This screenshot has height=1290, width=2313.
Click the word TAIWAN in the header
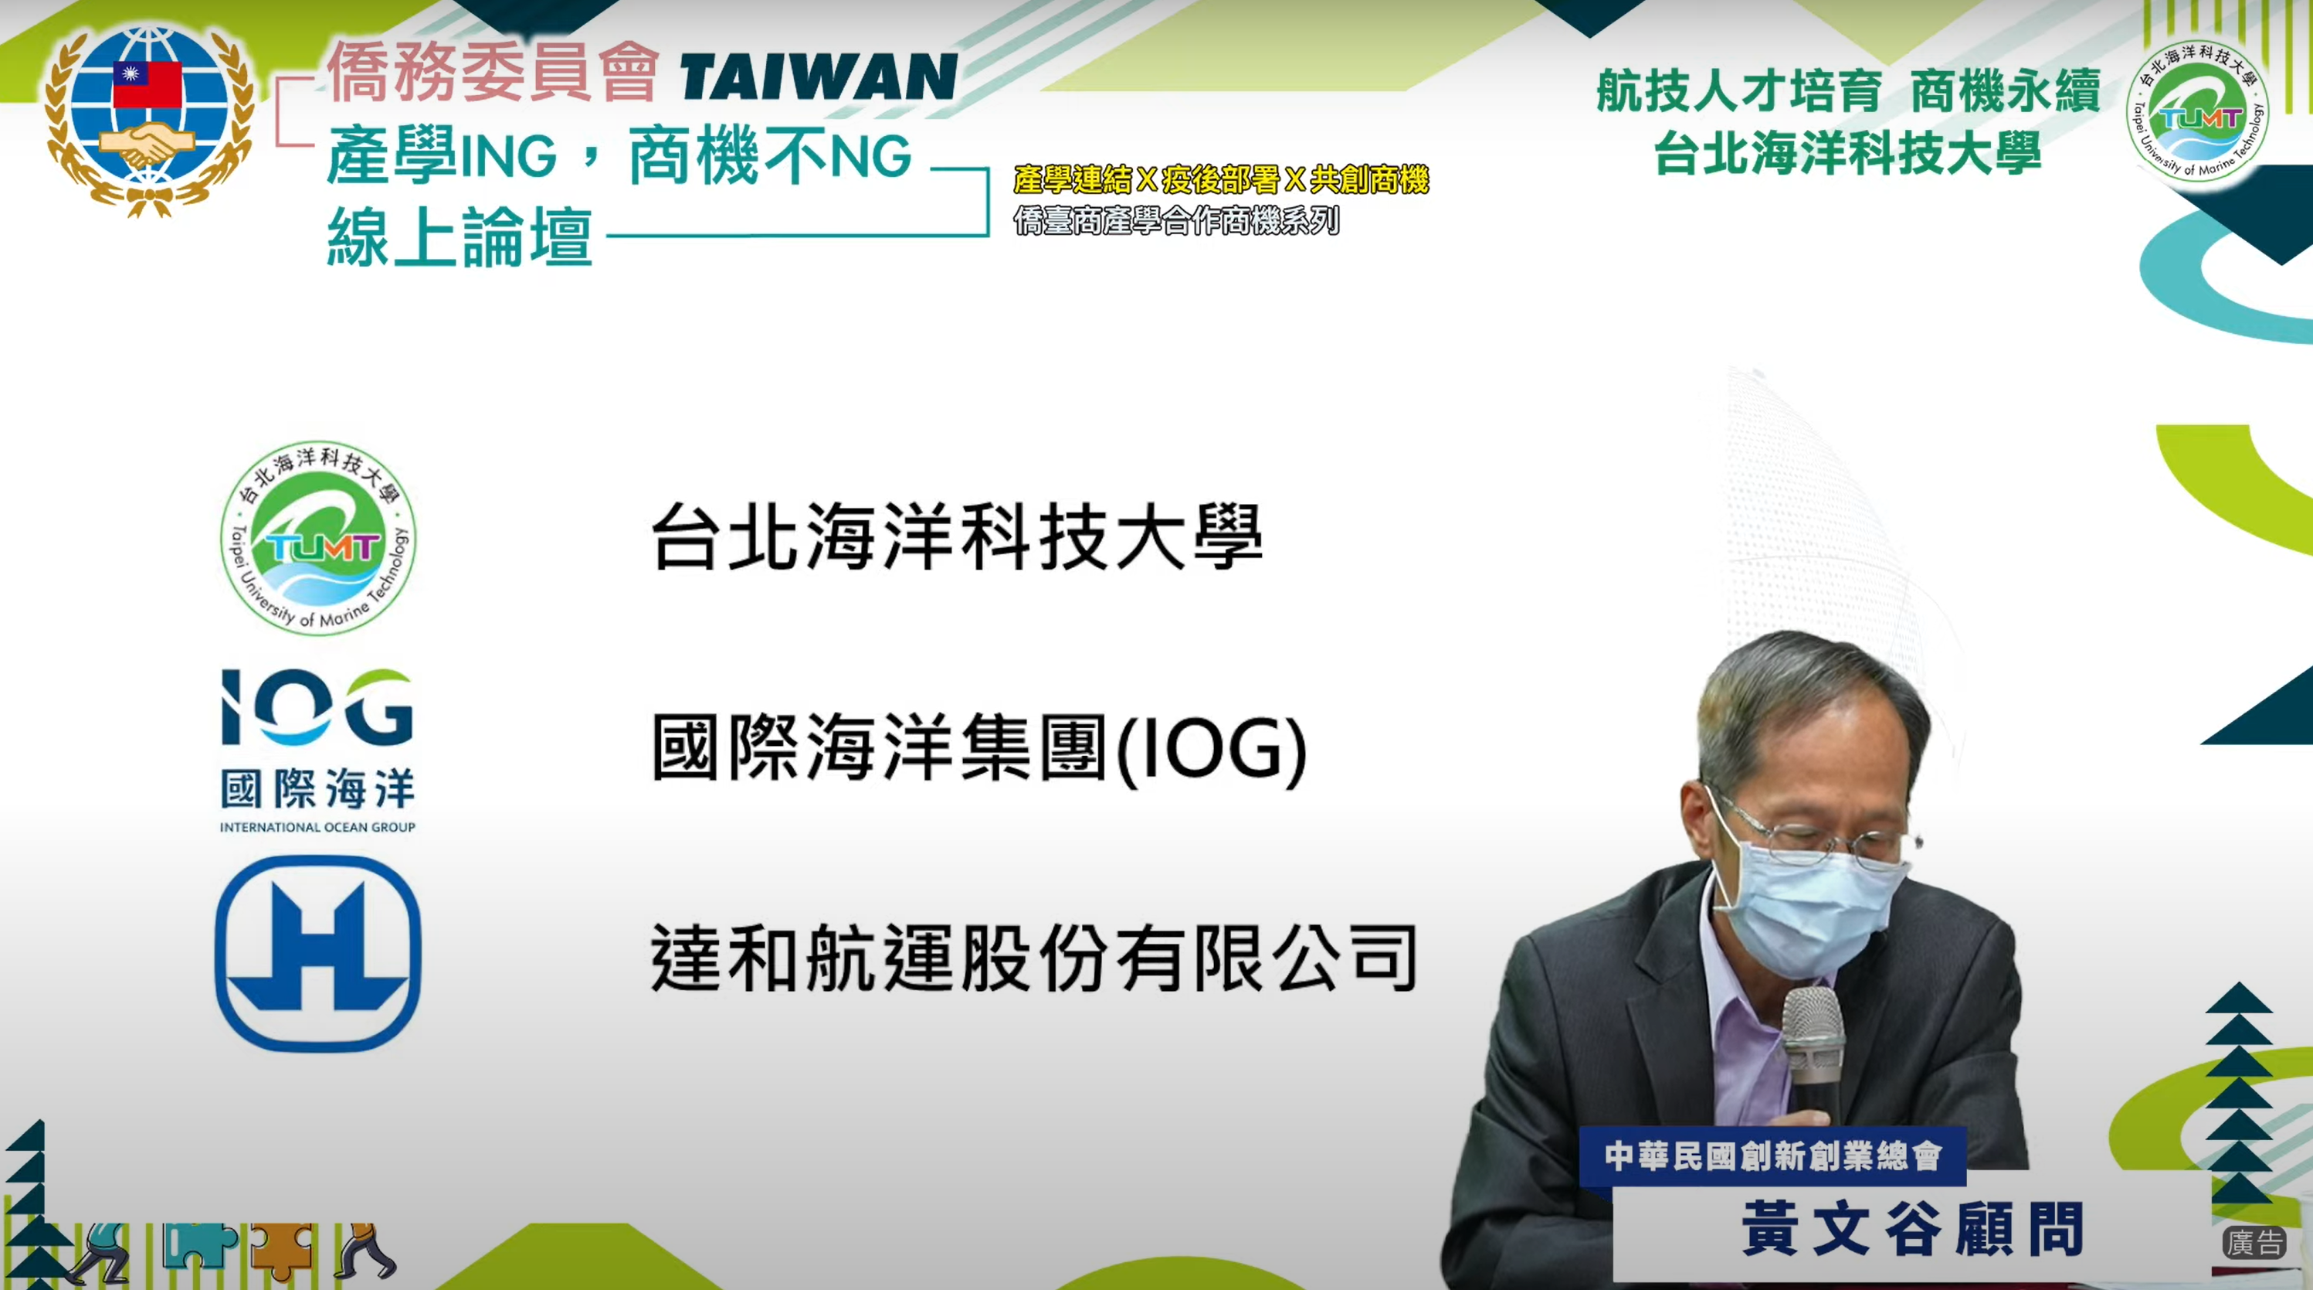click(818, 77)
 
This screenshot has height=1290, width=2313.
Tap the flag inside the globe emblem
click(148, 83)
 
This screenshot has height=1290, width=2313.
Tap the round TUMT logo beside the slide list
click(318, 538)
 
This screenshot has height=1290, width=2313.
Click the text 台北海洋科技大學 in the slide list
click(956, 536)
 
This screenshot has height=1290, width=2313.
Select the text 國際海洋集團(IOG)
click(978, 748)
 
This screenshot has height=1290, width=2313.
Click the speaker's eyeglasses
click(1823, 836)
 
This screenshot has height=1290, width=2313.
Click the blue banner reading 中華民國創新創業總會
click(1772, 1156)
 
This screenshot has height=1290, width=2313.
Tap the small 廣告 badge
click(2254, 1242)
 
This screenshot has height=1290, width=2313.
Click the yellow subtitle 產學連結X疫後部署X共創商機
click(1221, 179)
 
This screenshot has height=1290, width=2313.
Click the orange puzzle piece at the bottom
click(283, 1251)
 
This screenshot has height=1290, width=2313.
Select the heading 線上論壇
click(460, 237)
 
